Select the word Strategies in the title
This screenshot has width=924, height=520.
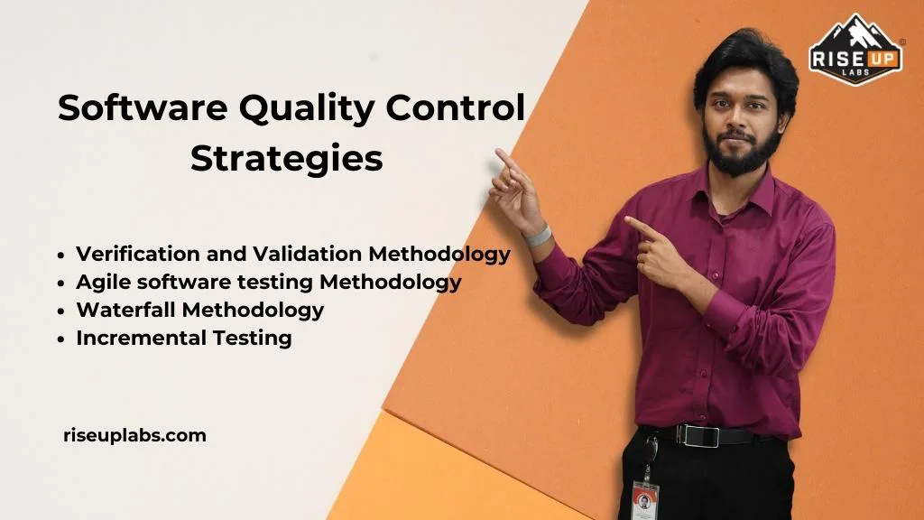point(287,158)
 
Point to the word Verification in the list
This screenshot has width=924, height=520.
point(133,254)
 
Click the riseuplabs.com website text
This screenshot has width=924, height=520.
point(135,435)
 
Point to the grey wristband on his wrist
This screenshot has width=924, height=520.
point(538,237)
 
